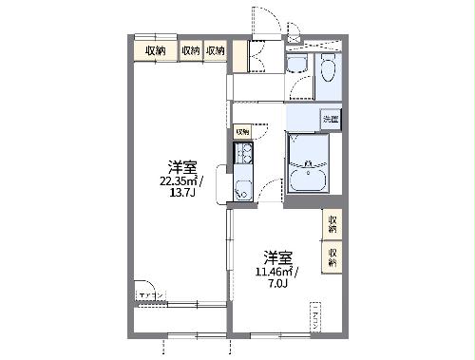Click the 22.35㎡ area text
(179, 180)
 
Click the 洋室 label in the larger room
(179, 165)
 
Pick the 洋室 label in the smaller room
(277, 257)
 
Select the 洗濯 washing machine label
(330, 119)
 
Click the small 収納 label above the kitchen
(242, 131)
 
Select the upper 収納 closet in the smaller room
(332, 224)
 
